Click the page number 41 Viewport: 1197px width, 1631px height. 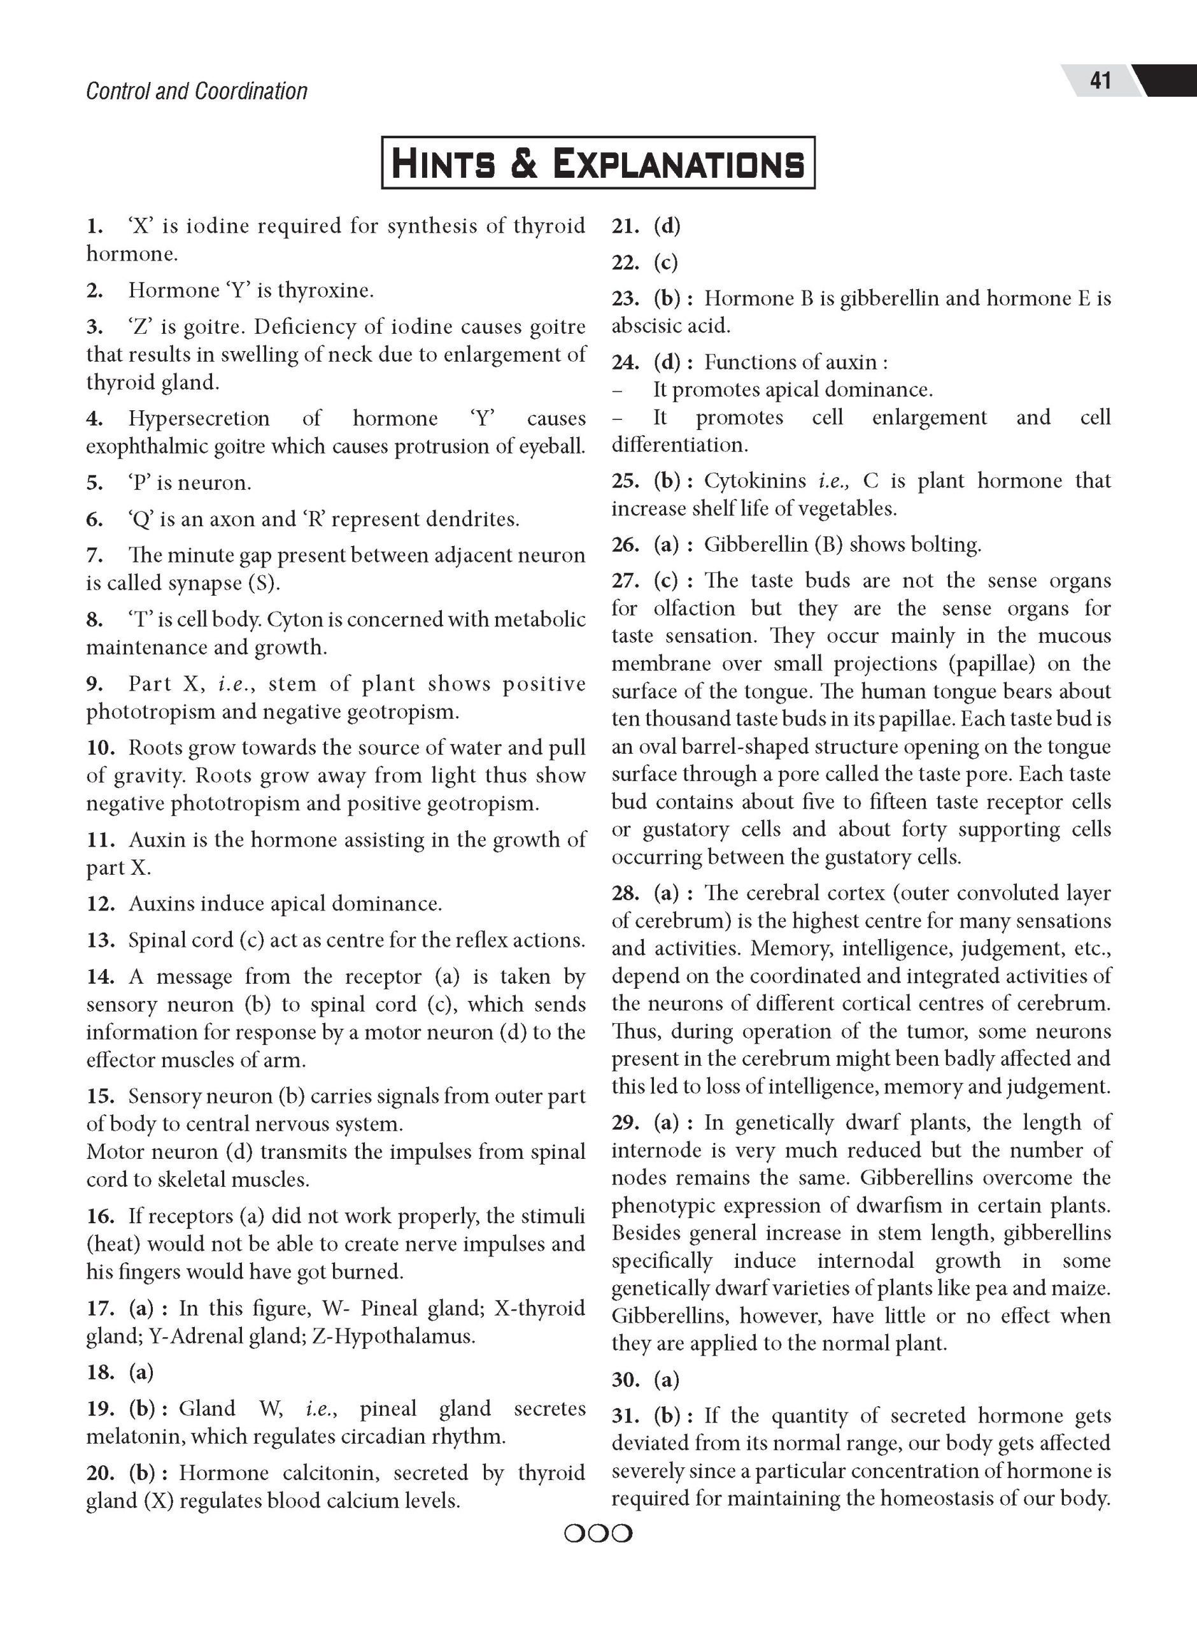pos(1100,80)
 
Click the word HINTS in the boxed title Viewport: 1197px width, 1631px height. pos(442,163)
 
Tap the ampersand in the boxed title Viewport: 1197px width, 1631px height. pos(524,163)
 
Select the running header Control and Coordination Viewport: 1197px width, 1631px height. pos(196,91)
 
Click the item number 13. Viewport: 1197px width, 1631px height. pos(101,940)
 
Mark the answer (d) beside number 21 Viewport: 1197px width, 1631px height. pos(667,226)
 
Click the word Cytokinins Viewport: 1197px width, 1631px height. pos(756,481)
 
